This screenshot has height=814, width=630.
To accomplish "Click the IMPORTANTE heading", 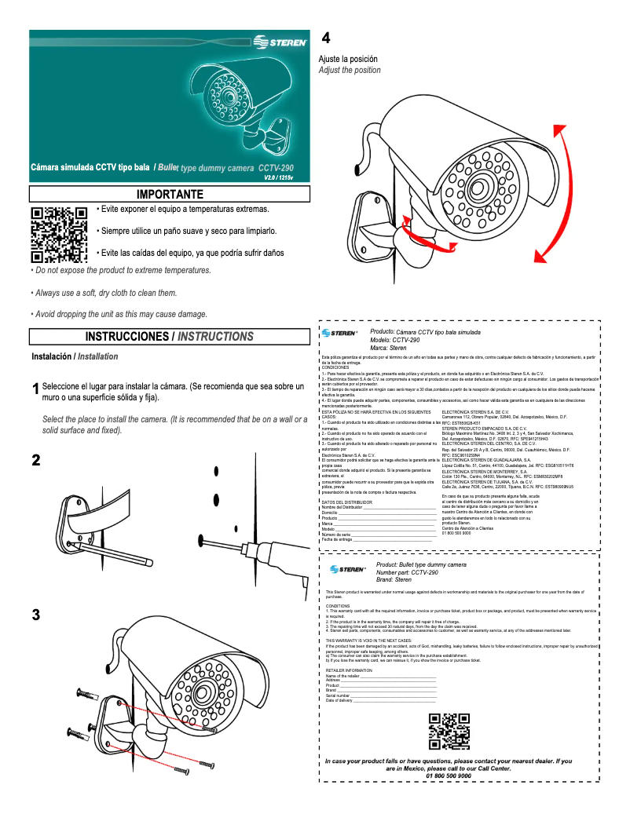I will click(x=170, y=194).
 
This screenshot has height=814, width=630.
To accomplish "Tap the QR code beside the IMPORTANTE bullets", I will click(x=59, y=234).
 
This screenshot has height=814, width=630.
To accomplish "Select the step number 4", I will click(x=326, y=38).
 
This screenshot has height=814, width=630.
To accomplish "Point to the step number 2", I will click(x=35, y=460).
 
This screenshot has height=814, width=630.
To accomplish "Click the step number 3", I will click(x=35, y=615).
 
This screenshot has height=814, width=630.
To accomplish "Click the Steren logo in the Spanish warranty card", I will click(x=339, y=333).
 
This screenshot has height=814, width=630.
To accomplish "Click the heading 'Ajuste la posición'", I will click(x=347, y=59).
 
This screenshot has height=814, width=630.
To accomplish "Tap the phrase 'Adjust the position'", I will click(x=349, y=71).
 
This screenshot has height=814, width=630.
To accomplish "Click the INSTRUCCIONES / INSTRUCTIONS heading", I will click(x=170, y=337).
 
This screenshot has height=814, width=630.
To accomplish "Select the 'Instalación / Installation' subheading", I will click(x=75, y=356).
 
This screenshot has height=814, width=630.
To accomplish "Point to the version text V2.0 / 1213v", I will click(x=284, y=178).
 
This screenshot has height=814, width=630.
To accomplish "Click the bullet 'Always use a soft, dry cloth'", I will click(x=103, y=292).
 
